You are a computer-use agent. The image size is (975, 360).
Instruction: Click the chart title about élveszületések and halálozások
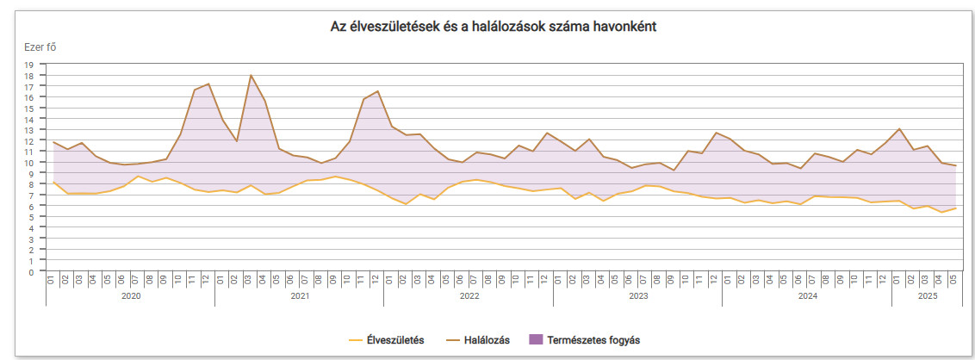tap(494, 27)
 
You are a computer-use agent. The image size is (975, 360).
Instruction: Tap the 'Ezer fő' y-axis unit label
tap(40, 47)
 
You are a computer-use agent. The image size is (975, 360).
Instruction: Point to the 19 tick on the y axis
tap(28, 65)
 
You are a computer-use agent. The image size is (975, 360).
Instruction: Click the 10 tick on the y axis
tap(28, 163)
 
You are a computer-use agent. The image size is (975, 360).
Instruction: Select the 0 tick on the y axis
tap(30, 272)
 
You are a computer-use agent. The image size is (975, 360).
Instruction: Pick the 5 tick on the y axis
tap(30, 217)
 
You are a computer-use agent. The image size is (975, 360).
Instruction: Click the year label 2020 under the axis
tap(131, 295)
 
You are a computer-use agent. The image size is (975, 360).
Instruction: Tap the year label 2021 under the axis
tap(300, 295)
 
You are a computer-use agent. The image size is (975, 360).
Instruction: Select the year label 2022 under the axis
tap(469, 295)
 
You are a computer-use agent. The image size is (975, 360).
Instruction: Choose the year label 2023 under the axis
tap(637, 295)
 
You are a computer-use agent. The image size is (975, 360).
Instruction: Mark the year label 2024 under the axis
tap(807, 295)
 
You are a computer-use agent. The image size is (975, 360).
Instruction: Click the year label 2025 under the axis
tap(927, 295)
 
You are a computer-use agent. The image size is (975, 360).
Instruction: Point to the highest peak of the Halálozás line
tap(251, 76)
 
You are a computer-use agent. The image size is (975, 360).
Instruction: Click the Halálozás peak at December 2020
tap(208, 84)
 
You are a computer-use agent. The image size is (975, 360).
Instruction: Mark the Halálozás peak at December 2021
tap(377, 91)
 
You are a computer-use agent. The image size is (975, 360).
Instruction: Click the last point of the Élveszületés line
tap(955, 208)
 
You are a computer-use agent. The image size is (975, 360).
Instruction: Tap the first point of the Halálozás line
tap(53, 143)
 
